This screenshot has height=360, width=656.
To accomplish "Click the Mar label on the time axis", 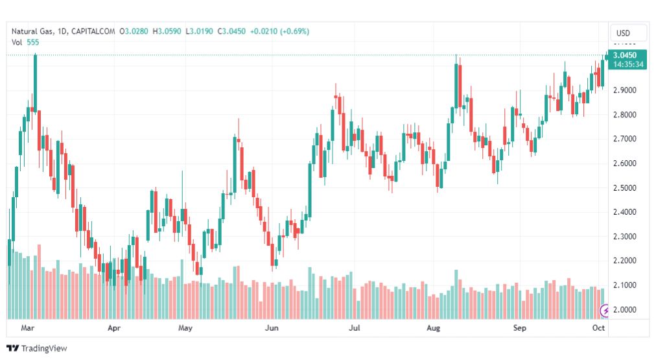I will [27, 328].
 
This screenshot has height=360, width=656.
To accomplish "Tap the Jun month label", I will [272, 328].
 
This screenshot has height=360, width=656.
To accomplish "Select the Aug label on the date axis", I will [433, 328].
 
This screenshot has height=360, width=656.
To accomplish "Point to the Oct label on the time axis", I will [598, 328].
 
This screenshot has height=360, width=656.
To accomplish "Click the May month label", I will [185, 328].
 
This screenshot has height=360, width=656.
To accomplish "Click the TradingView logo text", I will [43, 348].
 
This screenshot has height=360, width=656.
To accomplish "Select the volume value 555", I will [33, 42].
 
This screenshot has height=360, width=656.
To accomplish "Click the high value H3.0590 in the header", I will [167, 31].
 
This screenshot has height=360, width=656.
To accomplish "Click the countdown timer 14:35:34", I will [627, 65].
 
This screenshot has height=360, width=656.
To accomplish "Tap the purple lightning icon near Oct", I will [605, 310].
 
